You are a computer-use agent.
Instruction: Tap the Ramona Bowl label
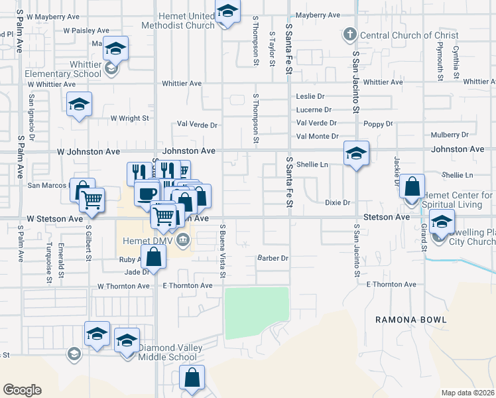[410, 320]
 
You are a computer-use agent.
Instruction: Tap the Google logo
[22, 390]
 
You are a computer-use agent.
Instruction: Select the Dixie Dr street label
[337, 202]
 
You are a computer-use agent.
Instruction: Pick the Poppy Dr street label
[379, 123]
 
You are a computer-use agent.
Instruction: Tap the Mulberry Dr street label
[449, 134]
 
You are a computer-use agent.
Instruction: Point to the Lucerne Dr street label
[314, 109]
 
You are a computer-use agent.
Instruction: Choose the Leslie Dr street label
[310, 96]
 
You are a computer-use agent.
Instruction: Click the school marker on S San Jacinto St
[356, 155]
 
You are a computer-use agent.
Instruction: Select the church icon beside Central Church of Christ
[349, 34]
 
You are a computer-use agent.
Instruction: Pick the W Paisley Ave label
[86, 31]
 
